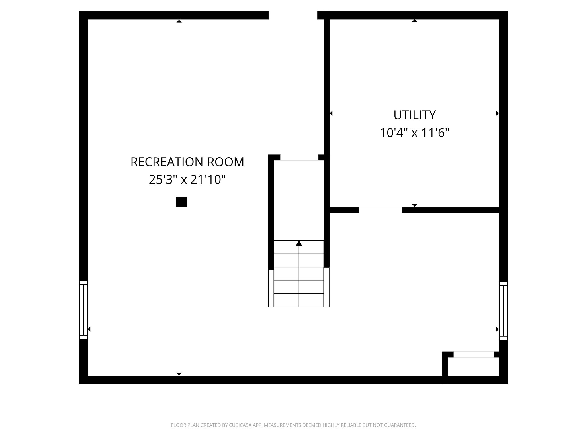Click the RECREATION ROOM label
(187, 162)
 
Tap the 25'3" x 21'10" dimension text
(187, 180)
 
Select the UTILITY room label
(414, 115)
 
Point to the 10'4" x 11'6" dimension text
(414, 133)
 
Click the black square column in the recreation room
(181, 202)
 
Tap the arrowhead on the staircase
(299, 243)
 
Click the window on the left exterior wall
(83, 310)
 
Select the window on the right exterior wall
(503, 311)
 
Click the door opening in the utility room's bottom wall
(380, 210)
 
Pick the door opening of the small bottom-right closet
(473, 355)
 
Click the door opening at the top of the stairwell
(299, 158)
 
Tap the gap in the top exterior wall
(293, 15)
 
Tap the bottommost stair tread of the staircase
(299, 300)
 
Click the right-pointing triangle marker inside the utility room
(497, 113)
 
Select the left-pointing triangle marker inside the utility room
(331, 113)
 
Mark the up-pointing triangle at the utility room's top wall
(414, 21)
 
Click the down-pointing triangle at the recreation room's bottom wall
(179, 374)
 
